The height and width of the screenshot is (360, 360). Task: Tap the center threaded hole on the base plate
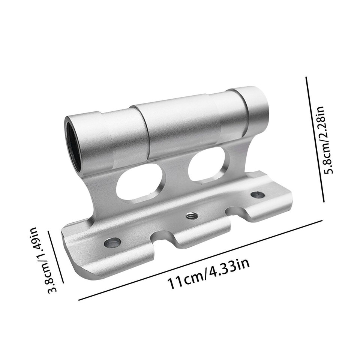point(192,216)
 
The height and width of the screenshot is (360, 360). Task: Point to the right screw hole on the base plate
point(257,194)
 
